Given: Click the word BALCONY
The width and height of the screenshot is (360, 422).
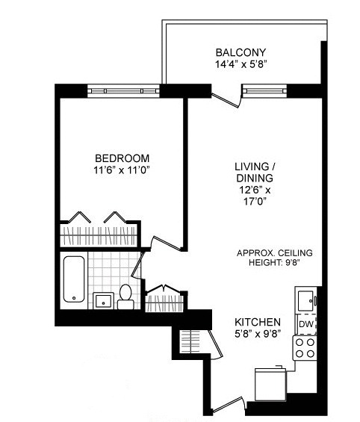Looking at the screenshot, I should coord(240,52).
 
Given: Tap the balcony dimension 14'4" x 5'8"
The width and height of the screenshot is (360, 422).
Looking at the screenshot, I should coord(240,64).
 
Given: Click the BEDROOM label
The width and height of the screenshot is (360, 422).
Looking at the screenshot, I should coord(122,158).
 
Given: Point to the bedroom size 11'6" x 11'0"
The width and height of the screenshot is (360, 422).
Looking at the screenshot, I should coord(122,170).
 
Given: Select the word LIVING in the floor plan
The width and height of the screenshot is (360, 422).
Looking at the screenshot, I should coord(251,166).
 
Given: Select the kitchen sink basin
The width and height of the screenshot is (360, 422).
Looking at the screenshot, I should coord(305,300).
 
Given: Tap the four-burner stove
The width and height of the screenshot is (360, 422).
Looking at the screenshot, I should coord(305,348).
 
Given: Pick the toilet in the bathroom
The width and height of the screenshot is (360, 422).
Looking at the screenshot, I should coord(125,295).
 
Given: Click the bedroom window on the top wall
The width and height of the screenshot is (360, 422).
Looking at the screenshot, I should coord(123,90).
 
